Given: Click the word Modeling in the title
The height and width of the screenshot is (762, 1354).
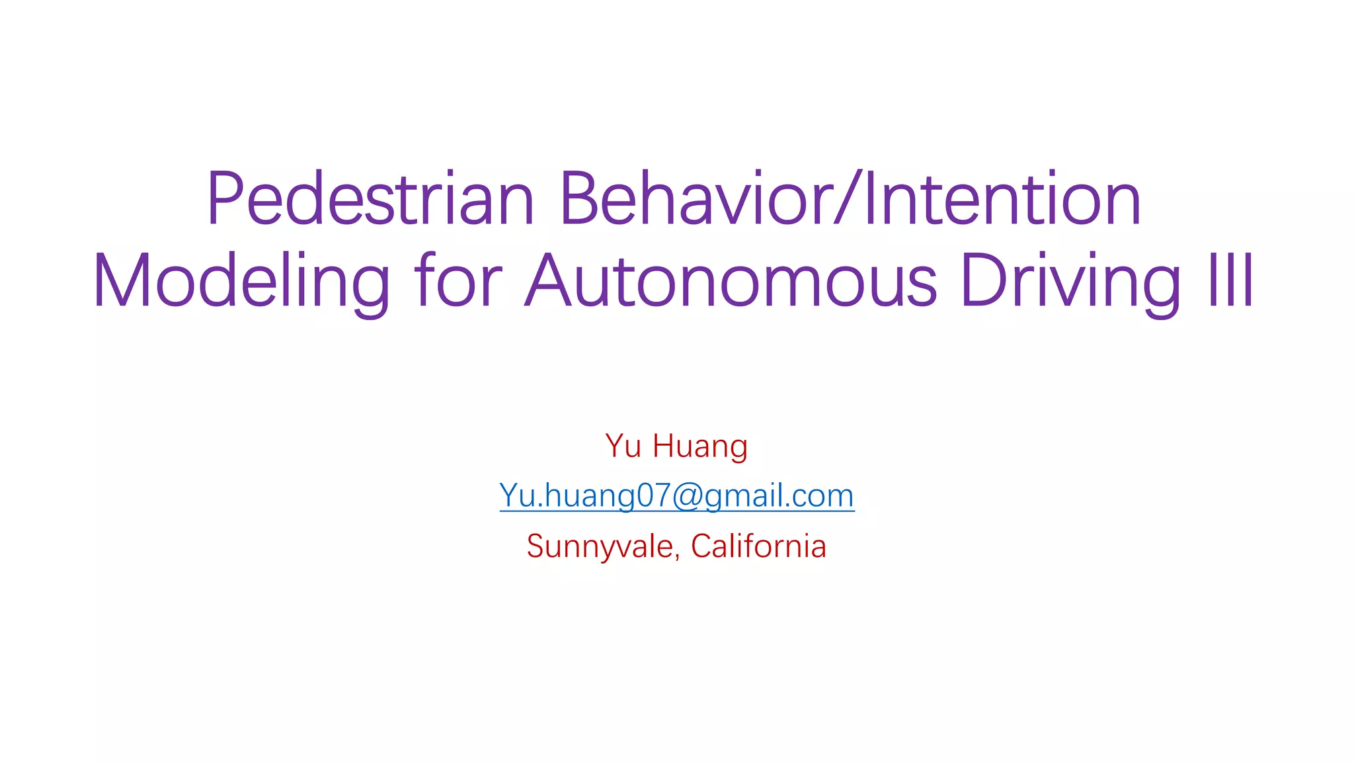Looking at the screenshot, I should (x=241, y=282).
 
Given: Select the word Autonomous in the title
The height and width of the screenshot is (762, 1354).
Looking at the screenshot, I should (x=731, y=280).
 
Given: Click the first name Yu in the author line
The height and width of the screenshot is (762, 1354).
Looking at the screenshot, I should (x=623, y=446).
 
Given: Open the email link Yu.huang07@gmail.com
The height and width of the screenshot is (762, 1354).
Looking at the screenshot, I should (x=676, y=496).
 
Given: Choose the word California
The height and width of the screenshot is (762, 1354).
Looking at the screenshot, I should (x=758, y=546).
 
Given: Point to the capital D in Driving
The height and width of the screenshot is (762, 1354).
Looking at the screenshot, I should (x=981, y=280).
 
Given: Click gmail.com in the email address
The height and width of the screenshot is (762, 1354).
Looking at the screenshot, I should (x=779, y=496).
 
